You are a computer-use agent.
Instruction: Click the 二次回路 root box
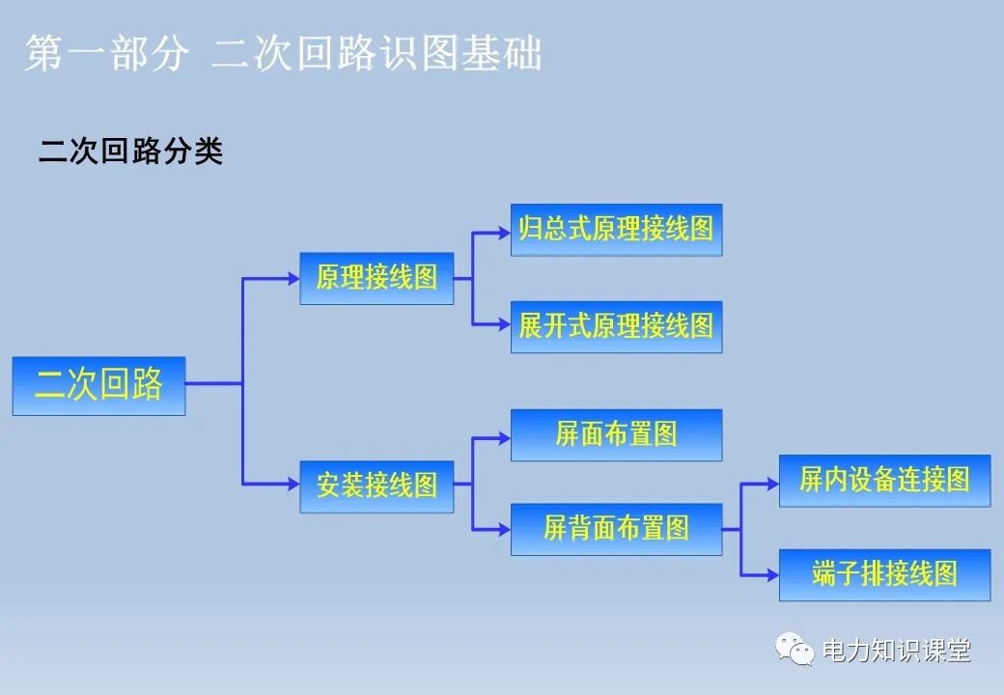pos(98,386)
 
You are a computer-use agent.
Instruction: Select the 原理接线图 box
pos(376,278)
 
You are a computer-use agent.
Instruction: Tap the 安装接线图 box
pos(376,486)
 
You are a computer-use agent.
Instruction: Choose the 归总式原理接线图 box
pos(616,229)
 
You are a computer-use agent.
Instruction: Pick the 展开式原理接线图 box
pos(616,326)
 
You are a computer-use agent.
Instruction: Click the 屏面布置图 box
pos(616,435)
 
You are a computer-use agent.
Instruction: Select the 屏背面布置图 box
pos(616,529)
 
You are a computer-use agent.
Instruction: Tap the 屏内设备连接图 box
pos(884,481)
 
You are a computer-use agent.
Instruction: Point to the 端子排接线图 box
pos(884,575)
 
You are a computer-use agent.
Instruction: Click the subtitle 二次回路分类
pos(131,152)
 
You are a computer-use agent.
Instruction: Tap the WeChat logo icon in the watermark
pos(796,651)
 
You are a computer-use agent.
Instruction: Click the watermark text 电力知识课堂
pos(895,652)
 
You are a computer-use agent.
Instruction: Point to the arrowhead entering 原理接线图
pos(293,279)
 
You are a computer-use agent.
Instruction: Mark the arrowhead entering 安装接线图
pos(293,485)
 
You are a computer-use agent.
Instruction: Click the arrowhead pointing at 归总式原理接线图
pos(504,232)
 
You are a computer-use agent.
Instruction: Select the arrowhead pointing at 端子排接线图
pos(772,575)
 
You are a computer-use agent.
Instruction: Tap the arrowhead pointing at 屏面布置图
pos(504,437)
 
